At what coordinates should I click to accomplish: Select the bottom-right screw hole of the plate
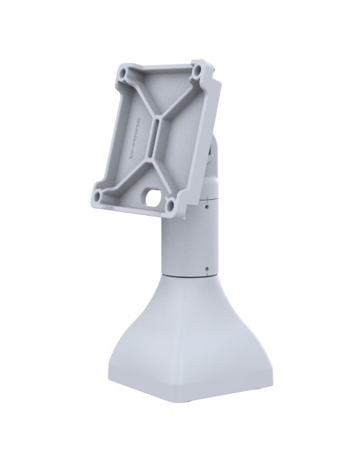point(171,208)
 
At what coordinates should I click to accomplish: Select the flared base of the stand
point(187,350)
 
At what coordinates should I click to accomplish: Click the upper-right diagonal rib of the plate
point(182,100)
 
